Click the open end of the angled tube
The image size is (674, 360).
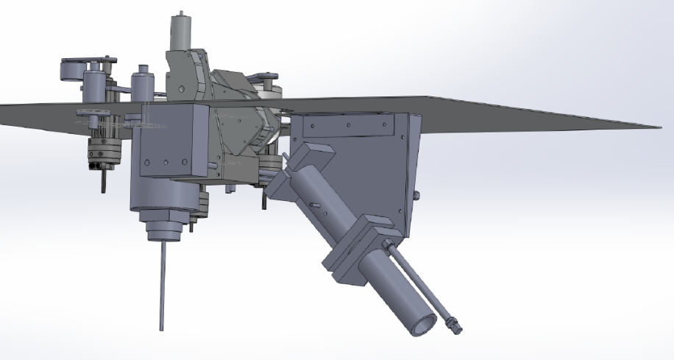[x=422, y=325]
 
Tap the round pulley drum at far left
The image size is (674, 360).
[x=72, y=72]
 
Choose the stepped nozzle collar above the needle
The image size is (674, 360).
[x=163, y=229]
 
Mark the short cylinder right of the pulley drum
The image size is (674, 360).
[x=95, y=82]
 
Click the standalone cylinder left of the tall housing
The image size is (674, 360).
[x=141, y=82]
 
